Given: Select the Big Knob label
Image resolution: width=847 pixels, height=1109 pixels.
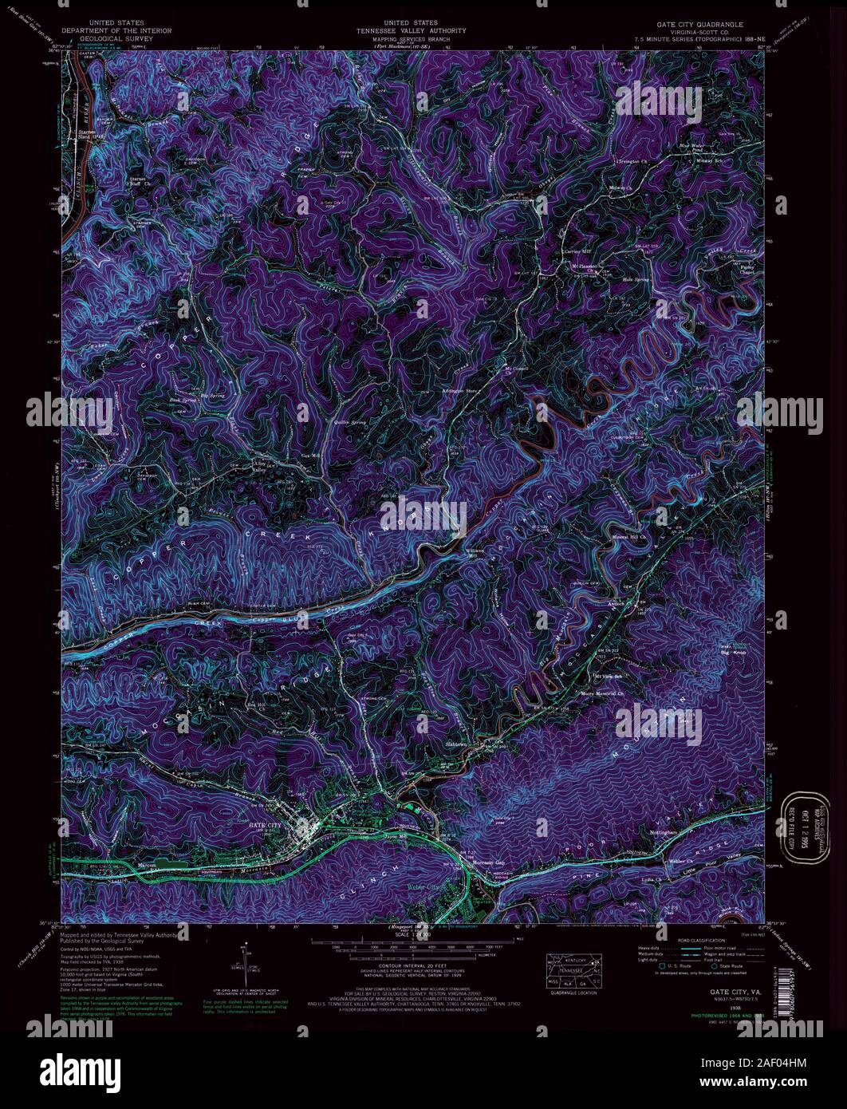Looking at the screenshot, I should point(732,653).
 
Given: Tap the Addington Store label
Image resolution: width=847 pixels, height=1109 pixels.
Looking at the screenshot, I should point(459,392).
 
